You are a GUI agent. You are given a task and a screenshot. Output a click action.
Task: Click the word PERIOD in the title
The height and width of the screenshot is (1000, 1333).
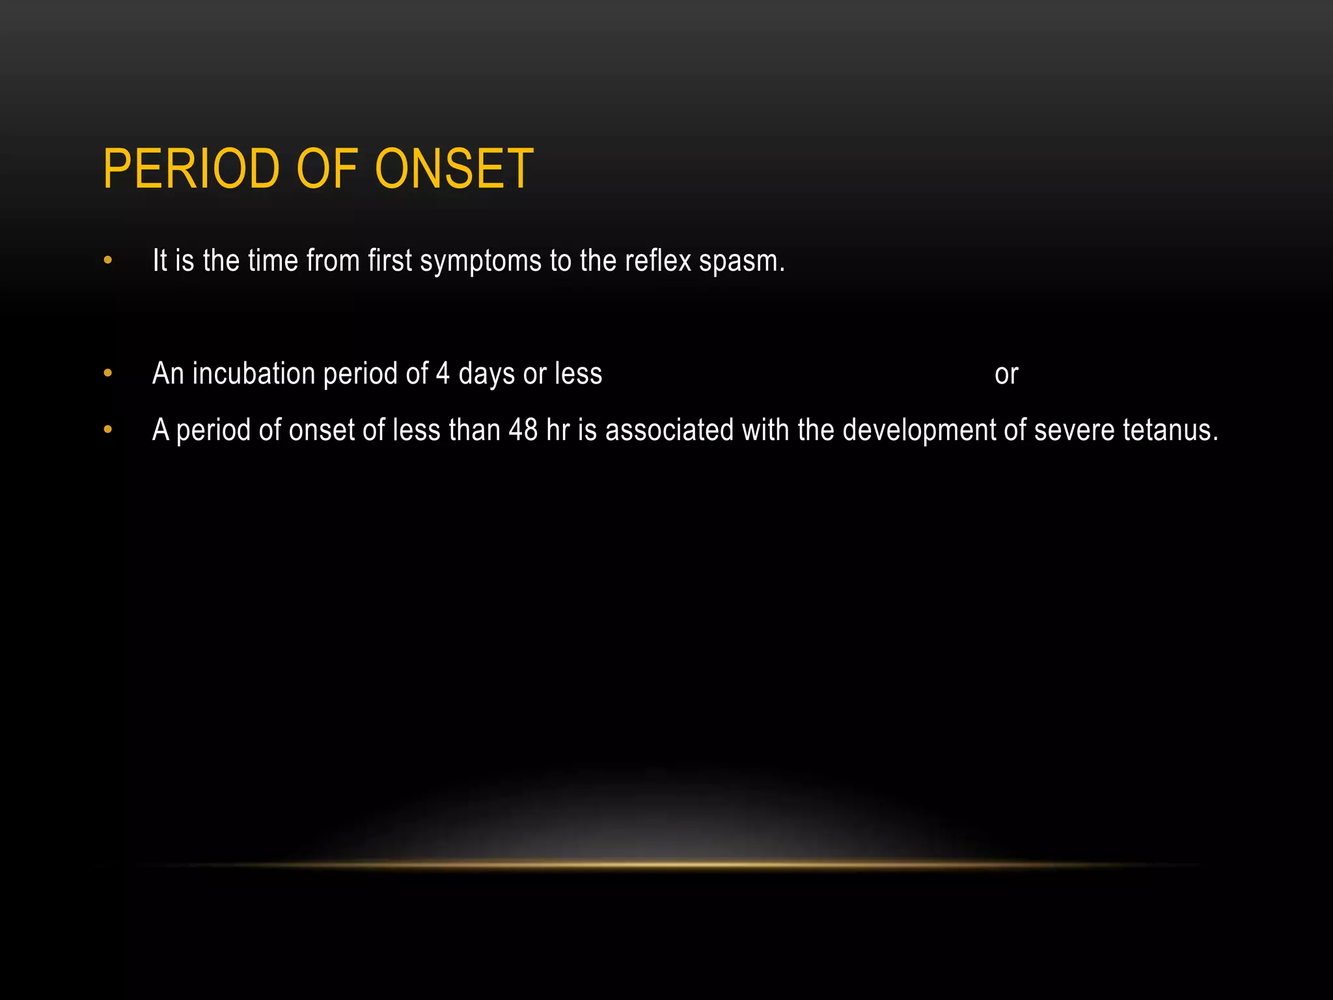click(191, 169)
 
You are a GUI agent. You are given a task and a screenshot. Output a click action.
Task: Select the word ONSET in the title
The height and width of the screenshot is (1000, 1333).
click(454, 169)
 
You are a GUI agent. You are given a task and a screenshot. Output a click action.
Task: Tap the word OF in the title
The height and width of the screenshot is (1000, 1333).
click(327, 169)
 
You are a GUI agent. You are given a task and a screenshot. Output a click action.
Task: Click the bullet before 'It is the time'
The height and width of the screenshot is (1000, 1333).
click(108, 261)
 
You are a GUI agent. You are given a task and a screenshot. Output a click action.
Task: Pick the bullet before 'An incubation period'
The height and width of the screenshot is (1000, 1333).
click(108, 374)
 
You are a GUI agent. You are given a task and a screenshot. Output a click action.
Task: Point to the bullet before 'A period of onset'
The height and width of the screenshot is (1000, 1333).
click(108, 430)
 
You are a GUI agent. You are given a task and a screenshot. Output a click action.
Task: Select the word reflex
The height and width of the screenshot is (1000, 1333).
click(657, 261)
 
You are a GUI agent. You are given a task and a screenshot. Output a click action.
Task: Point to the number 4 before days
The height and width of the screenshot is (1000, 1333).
click(443, 374)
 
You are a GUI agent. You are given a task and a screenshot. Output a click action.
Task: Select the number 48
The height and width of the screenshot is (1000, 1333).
click(523, 430)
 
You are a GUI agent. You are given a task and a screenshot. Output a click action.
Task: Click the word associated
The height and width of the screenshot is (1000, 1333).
click(669, 430)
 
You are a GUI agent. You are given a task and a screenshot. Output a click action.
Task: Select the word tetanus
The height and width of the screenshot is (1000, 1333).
click(1170, 430)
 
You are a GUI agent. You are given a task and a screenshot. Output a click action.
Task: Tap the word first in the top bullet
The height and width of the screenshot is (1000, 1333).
click(390, 261)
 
